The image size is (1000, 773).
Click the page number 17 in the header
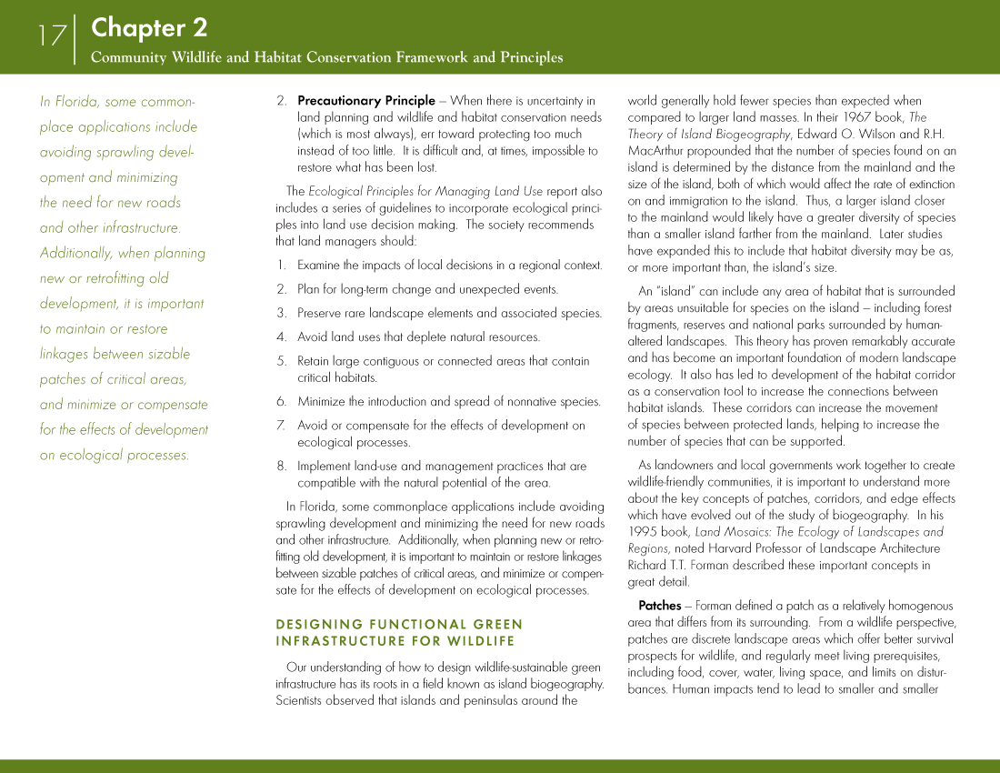pos(52,36)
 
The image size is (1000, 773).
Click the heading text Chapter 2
pos(149,27)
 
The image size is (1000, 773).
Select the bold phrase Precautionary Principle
pos(366,101)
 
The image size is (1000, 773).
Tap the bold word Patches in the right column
pos(659,606)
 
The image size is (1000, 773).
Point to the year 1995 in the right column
pos(644,532)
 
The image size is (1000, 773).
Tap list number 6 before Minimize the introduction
pos(281,402)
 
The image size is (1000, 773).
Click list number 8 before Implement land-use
pos(281,467)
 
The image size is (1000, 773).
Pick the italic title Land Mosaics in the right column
pos(732,532)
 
